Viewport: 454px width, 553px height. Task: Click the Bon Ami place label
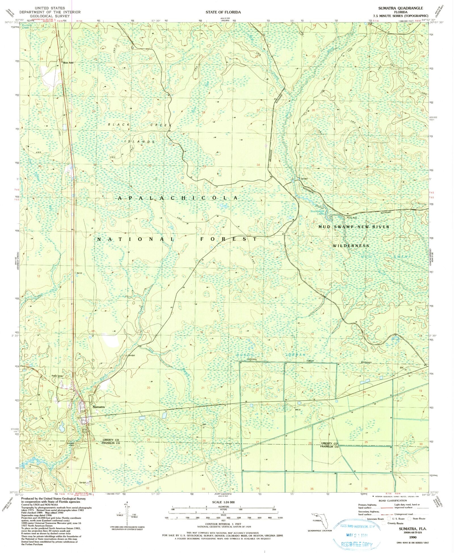tap(68, 63)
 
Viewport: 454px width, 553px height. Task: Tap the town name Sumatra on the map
tap(98, 407)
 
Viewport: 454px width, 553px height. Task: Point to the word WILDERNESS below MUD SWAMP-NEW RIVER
tap(351, 246)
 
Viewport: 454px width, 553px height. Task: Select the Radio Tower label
tap(57, 376)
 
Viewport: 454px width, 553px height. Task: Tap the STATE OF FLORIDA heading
tap(223, 12)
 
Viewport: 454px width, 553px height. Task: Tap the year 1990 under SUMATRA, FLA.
tap(412, 537)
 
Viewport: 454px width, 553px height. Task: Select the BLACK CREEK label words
tap(140, 125)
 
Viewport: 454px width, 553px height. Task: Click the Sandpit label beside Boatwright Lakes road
tap(304, 179)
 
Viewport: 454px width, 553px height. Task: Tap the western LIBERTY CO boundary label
tap(111, 440)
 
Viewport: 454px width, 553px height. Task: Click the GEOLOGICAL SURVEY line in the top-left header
tap(50, 16)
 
